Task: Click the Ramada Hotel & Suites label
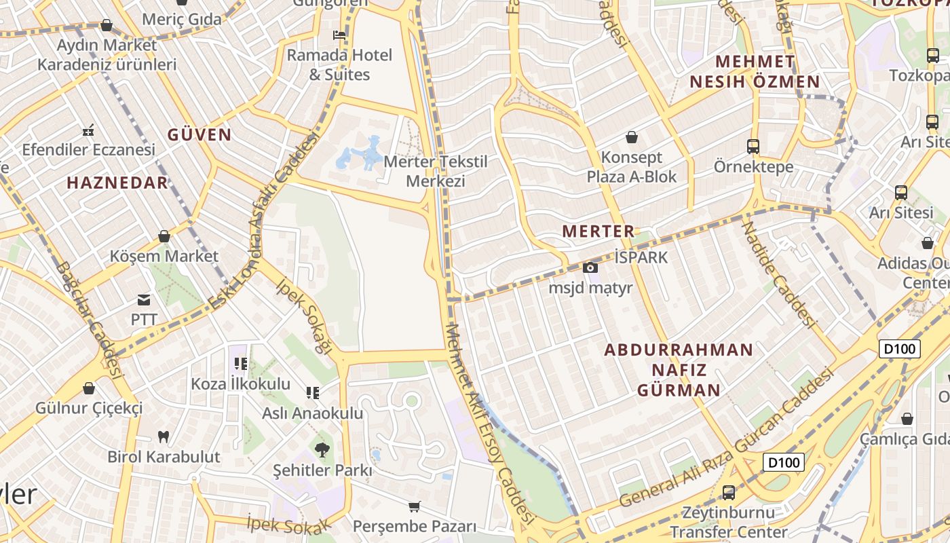tap(339, 64)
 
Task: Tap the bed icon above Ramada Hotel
tap(339, 35)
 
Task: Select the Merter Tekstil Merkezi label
tap(435, 172)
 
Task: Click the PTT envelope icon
tap(144, 299)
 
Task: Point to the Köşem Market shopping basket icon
tap(164, 236)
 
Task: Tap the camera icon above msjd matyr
tap(590, 267)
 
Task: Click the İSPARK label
tap(641, 257)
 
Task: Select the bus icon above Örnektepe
tap(753, 146)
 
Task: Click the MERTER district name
tap(598, 231)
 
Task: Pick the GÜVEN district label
tap(199, 134)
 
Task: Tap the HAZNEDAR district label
tap(117, 182)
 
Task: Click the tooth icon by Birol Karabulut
tap(163, 436)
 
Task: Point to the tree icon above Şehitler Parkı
tap(322, 449)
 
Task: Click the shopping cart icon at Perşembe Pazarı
tap(414, 506)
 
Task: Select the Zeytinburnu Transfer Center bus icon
tap(729, 492)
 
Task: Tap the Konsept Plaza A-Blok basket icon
tap(632, 137)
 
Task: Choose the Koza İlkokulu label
tap(240, 383)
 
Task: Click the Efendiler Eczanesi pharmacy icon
tap(88, 130)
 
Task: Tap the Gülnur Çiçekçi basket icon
tap(88, 388)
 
